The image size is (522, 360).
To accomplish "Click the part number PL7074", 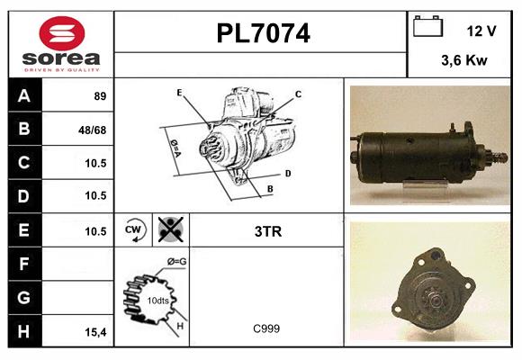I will (x=263, y=34).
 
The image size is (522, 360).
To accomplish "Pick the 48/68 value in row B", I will (x=93, y=130).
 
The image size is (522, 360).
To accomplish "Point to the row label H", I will (x=24, y=331).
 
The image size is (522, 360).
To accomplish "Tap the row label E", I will (x=24, y=230).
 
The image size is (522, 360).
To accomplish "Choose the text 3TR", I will (x=268, y=231).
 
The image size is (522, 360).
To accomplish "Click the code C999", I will (x=266, y=328).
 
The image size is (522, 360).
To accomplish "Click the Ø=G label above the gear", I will (x=177, y=262).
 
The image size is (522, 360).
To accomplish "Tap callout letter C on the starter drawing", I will (x=298, y=94).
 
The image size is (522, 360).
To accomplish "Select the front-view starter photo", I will (x=429, y=283).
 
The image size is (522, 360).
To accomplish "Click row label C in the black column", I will (x=24, y=163).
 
